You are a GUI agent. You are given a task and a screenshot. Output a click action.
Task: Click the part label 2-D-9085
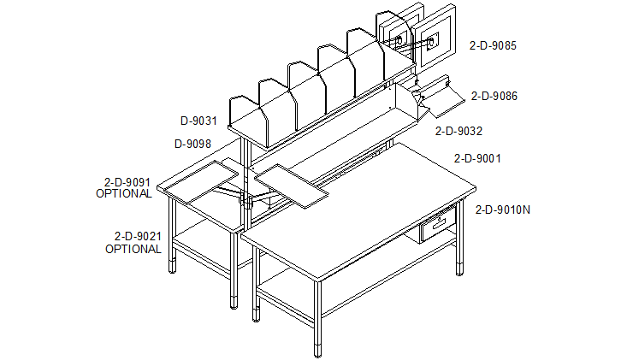point(493,45)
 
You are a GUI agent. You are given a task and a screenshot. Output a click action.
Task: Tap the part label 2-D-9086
point(494,97)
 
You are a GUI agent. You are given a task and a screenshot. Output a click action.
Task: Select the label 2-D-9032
point(458,131)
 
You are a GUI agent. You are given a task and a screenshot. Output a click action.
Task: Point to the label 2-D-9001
point(477,159)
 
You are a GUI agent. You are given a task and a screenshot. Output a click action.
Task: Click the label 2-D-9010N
point(503,210)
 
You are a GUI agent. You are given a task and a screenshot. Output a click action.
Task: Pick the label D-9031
point(198,121)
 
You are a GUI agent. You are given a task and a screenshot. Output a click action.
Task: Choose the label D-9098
point(192,144)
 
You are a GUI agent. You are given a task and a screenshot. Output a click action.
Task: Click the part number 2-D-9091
point(127,182)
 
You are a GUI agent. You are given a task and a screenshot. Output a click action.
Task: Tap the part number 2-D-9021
point(138,236)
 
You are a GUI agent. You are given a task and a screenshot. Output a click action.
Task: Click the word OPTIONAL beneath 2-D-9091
point(124,193)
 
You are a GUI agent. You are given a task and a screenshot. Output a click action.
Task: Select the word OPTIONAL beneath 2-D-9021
point(133,249)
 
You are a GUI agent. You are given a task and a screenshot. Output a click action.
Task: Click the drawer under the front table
point(437,227)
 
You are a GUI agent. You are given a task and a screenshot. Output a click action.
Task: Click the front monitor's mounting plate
point(432,42)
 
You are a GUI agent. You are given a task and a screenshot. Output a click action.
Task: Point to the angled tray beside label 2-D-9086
point(442,98)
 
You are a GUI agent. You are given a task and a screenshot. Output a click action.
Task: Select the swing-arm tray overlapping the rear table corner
point(201,182)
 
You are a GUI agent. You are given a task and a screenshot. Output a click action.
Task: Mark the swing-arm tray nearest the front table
point(292,186)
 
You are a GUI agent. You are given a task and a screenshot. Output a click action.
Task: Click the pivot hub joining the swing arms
point(248,200)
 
